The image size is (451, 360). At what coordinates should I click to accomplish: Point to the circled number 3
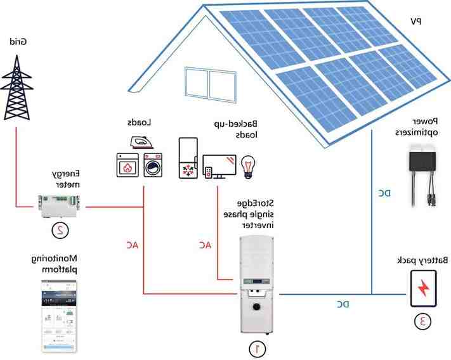click(422, 321)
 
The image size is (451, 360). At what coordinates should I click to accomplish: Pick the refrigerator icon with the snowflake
click(189, 160)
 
